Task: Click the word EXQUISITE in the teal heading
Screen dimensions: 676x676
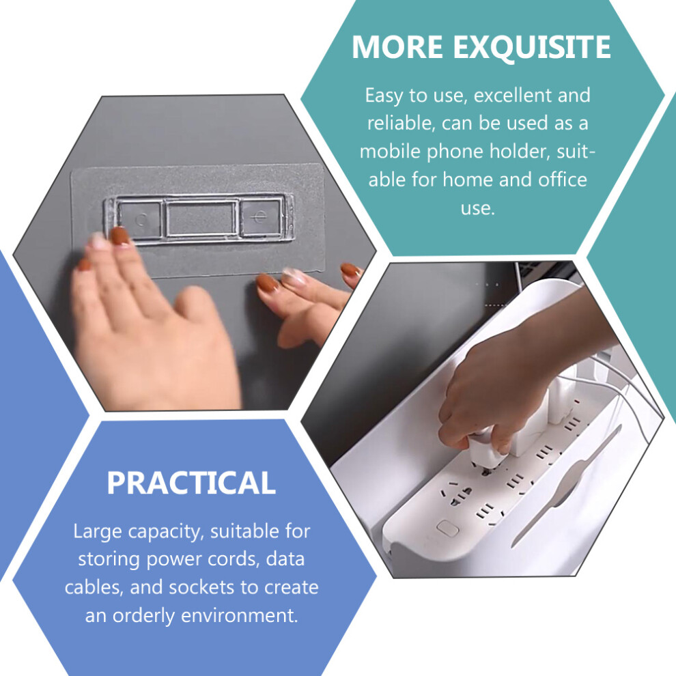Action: (x=531, y=47)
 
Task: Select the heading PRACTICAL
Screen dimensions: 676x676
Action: (x=191, y=483)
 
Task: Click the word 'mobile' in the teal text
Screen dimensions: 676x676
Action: (x=390, y=152)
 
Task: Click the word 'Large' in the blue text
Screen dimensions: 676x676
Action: (x=98, y=531)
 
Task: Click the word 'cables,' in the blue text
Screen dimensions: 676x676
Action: (x=94, y=588)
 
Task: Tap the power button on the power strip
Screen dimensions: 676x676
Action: (x=447, y=528)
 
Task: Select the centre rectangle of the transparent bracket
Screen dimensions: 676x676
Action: (x=201, y=218)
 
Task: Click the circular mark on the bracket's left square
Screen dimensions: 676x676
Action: (x=141, y=220)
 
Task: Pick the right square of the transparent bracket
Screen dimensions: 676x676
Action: (x=261, y=217)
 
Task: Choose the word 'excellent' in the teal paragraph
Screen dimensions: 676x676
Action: (x=513, y=96)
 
